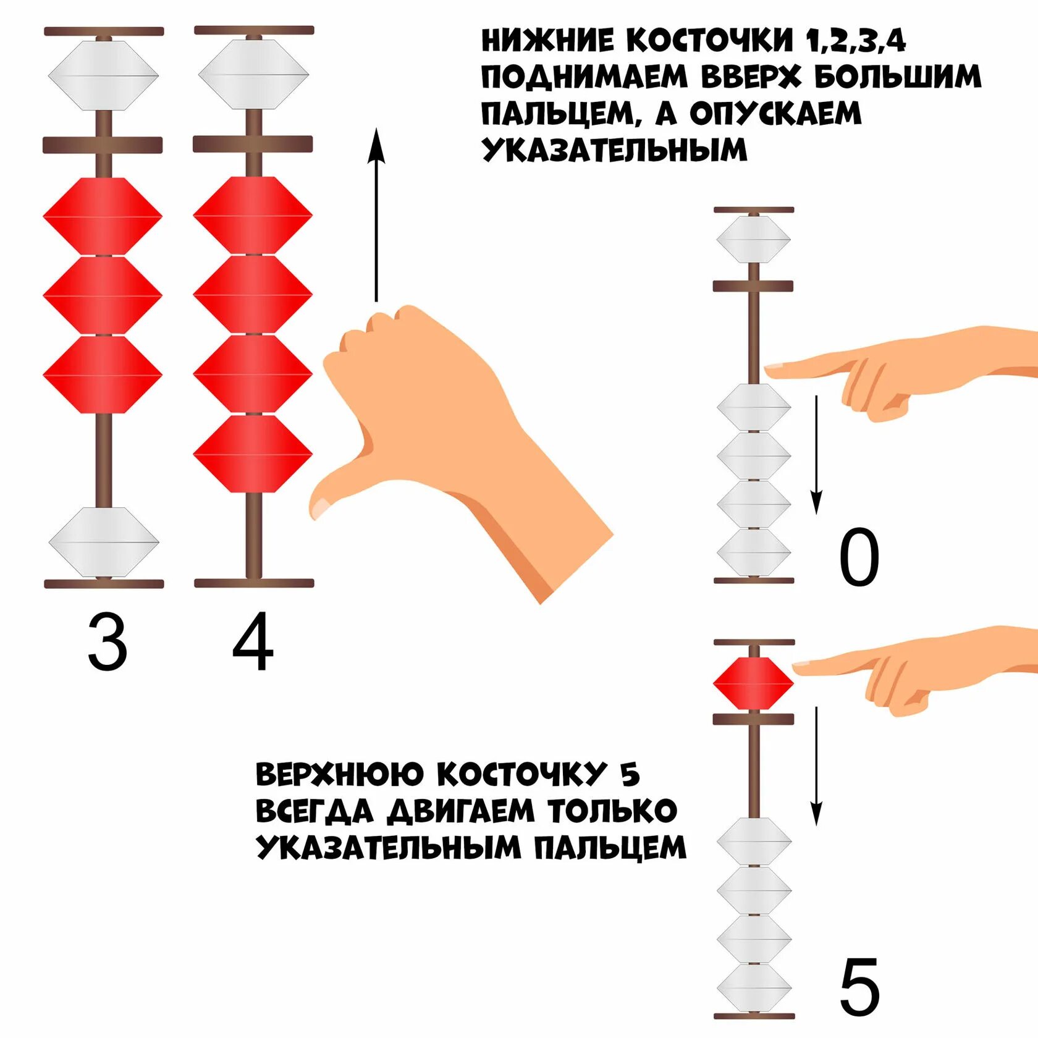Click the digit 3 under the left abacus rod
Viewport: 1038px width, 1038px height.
click(x=108, y=643)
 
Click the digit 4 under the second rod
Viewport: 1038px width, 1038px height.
click(x=253, y=643)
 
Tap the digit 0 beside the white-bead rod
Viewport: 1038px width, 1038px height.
click(x=859, y=558)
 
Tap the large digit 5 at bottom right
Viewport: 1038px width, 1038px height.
click(x=859, y=987)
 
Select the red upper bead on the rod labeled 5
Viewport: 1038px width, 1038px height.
click(x=753, y=683)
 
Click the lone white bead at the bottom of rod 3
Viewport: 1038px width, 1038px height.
click(x=104, y=542)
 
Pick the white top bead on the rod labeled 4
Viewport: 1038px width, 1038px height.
click(x=253, y=75)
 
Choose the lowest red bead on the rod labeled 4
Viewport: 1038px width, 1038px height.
click(x=253, y=454)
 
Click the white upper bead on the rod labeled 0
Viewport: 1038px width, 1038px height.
click(x=753, y=238)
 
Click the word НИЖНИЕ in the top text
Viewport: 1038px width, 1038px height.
click(x=548, y=41)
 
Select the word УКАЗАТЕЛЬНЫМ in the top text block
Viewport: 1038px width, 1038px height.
click(x=614, y=150)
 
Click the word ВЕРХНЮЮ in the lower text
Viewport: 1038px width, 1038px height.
click(x=340, y=775)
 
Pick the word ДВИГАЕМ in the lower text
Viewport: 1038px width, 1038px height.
click(x=460, y=811)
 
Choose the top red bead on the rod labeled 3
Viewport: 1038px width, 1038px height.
click(x=103, y=216)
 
